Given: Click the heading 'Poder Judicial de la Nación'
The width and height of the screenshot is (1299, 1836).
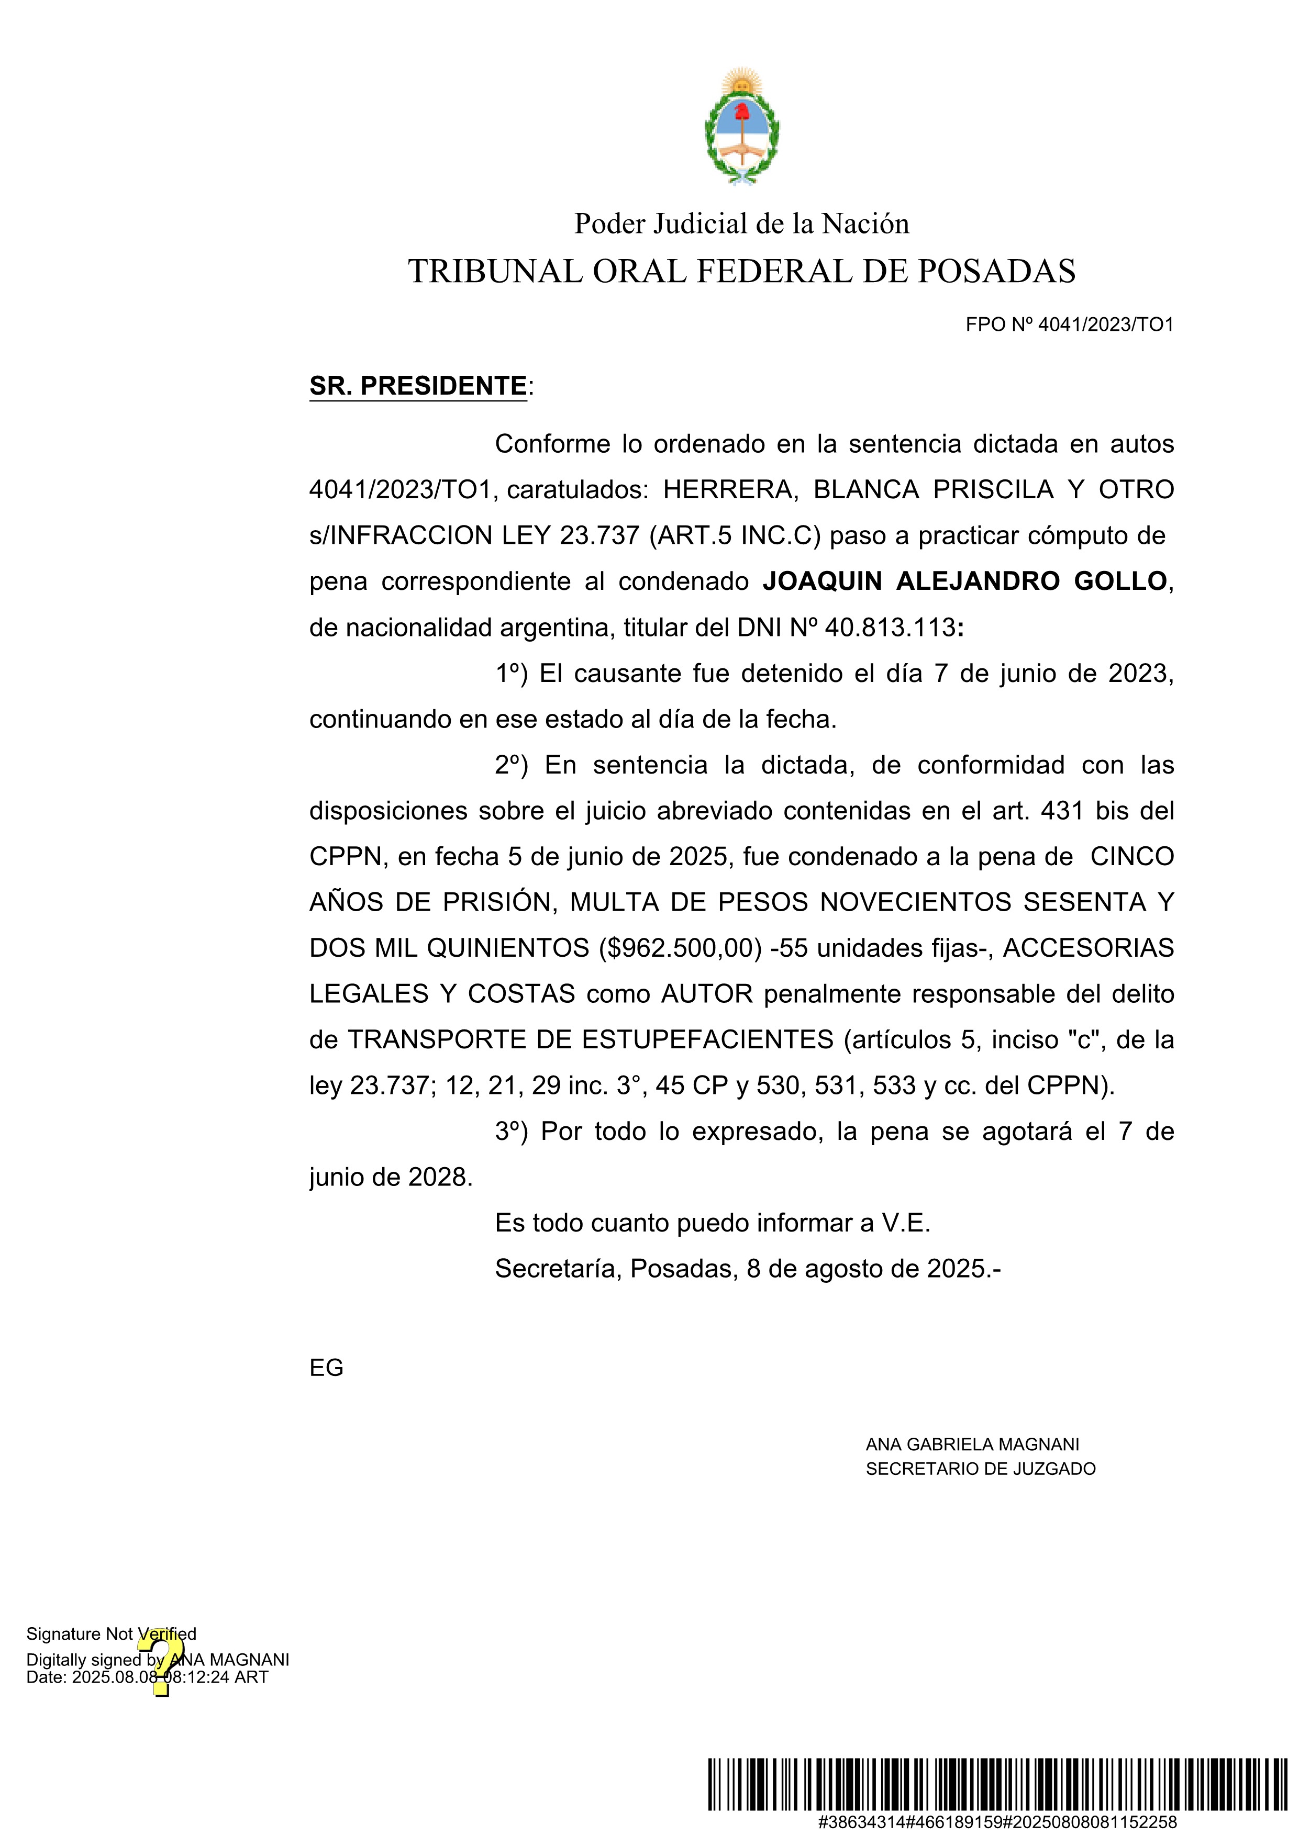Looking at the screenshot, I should pos(741,224).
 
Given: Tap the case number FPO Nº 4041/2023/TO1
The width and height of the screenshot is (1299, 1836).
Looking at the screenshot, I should pos(1070,324).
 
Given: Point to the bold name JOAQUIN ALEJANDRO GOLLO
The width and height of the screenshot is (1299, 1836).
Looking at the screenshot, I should pos(964,581).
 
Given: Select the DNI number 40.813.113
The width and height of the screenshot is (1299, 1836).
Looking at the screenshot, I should pos(890,628).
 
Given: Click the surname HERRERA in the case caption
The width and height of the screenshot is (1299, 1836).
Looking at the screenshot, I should pos(729,489).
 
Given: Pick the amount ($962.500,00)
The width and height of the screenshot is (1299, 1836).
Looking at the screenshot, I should pos(680,948).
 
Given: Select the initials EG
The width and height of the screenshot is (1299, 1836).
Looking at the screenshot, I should pos(326,1368).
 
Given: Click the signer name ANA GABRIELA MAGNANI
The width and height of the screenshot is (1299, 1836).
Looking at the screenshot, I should pos(972,1445).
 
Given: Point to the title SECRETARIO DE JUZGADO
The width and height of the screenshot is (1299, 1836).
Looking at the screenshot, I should pos(980,1469).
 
